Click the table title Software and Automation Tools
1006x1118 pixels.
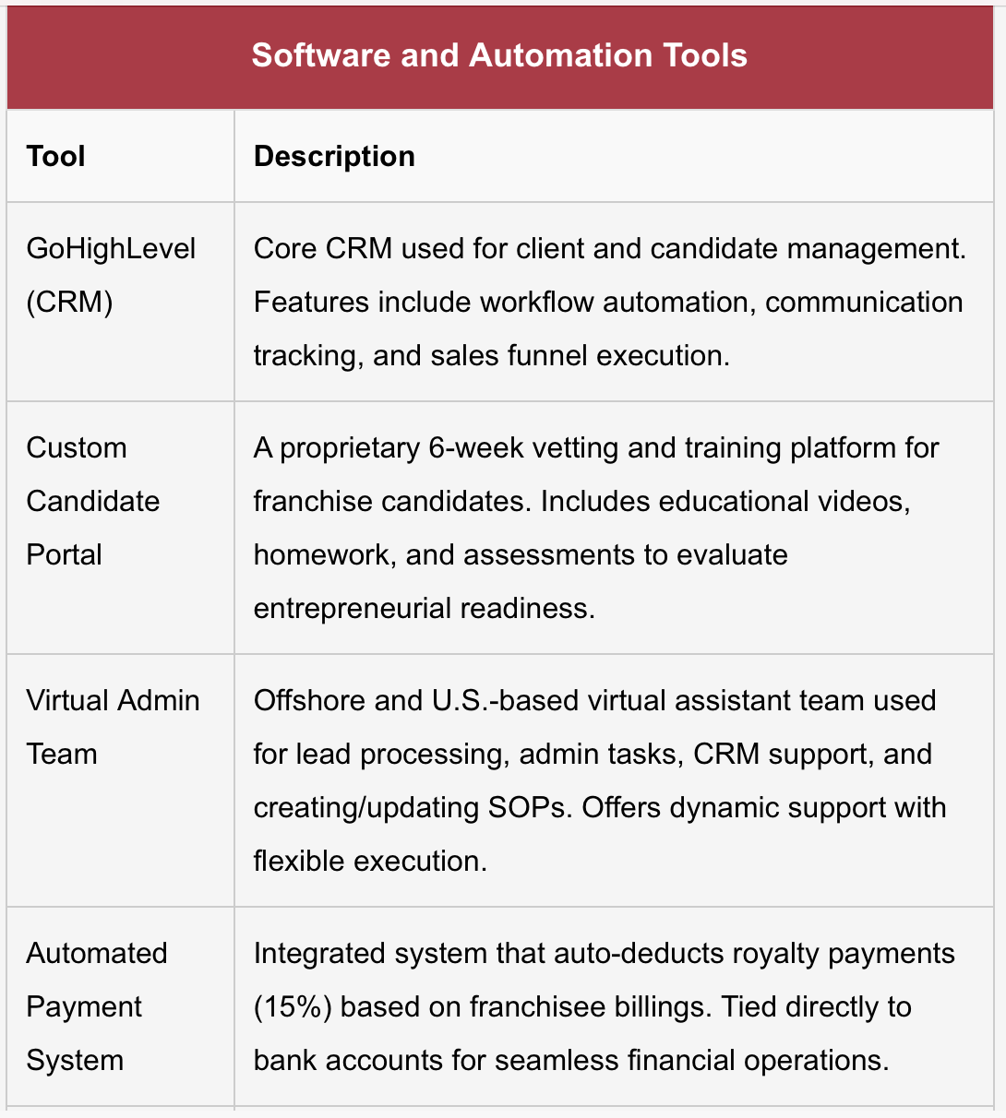point(499,55)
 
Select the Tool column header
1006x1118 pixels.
point(55,156)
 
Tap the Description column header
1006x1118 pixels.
point(334,156)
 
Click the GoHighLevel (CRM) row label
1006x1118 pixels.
point(111,275)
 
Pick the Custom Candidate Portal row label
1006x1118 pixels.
point(92,501)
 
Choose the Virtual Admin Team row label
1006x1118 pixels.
point(113,727)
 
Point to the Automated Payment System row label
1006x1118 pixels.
point(96,1006)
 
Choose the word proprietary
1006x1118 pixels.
point(350,448)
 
